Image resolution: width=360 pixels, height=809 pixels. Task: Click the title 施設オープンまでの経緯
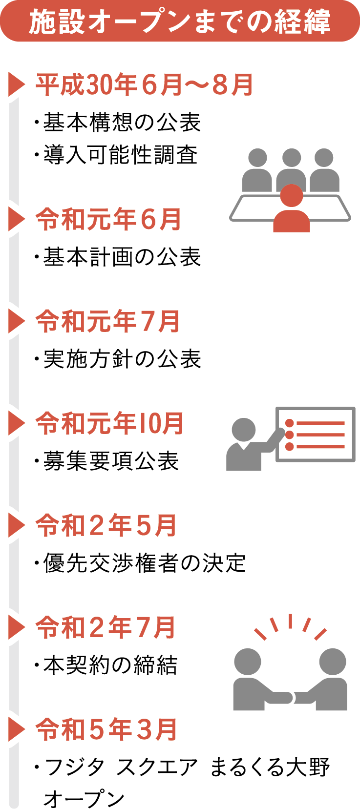(180, 22)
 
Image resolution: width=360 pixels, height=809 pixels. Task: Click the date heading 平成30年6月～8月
(145, 85)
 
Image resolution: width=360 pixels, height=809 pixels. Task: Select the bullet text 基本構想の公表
(122, 122)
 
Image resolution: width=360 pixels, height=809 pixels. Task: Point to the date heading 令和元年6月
(108, 219)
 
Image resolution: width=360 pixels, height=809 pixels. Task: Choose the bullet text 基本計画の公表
(122, 257)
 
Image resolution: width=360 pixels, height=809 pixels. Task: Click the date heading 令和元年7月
(108, 321)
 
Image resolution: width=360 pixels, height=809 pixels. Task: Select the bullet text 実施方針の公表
(122, 359)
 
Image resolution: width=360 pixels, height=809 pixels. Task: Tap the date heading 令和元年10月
(110, 423)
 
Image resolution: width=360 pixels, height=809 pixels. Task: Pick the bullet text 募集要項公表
(111, 461)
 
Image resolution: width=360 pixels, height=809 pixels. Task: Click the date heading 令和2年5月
(106, 525)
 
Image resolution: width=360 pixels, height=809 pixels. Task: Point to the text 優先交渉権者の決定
(144, 563)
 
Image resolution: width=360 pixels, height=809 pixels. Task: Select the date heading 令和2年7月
(106, 627)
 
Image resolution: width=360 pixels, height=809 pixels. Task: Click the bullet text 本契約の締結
(110, 665)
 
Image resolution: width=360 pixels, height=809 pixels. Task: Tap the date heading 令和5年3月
(106, 729)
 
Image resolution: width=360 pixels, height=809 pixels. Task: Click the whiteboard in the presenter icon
(316, 435)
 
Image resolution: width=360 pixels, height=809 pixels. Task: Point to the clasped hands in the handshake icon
(292, 697)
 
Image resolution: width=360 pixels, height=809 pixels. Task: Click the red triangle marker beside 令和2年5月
(16, 526)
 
